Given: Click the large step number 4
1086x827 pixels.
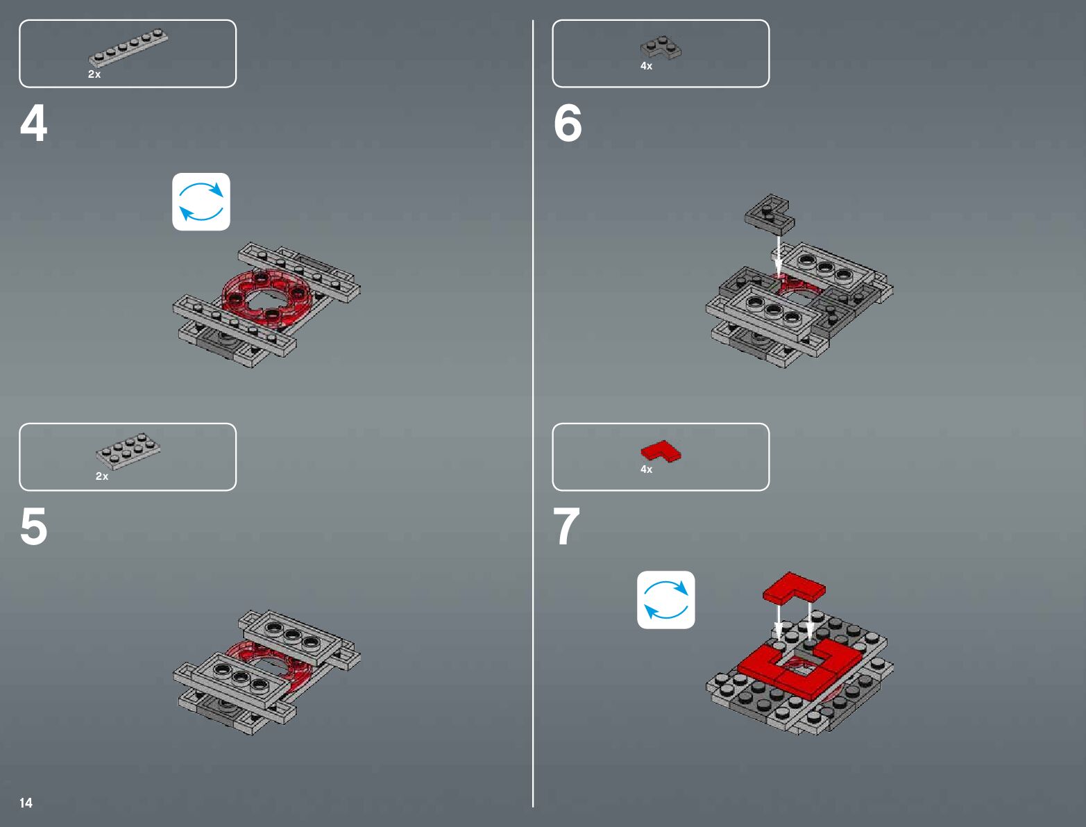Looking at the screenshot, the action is pos(33,123).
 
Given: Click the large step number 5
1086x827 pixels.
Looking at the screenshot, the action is pos(33,526).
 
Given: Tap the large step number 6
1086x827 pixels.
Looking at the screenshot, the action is pos(568,123).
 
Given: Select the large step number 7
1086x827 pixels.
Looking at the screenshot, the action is pos(566,526).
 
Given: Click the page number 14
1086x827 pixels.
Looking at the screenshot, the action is pos(26,803).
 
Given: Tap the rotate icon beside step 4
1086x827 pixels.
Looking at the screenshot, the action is pos(201,201).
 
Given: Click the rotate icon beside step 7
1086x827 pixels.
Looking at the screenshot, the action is pos(666,600).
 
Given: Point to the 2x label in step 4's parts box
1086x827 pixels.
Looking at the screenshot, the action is pos(94,74).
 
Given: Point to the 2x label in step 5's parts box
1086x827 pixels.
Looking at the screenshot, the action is pos(102,476).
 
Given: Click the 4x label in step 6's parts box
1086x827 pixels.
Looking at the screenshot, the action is pos(646,66).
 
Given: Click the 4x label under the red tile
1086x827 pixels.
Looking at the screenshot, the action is pos(646,469).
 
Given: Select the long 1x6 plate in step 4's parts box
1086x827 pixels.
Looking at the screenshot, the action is pos(128,47).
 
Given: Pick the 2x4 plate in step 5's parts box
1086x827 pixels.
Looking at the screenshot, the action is pos(128,451).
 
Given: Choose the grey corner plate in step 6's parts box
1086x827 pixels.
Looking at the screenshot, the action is pos(660,47).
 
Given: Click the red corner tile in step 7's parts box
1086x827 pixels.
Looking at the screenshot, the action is pos(661,451).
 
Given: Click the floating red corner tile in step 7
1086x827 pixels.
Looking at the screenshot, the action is pos(794,588).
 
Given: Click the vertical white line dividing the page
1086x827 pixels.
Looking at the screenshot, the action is pos(533,413).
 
